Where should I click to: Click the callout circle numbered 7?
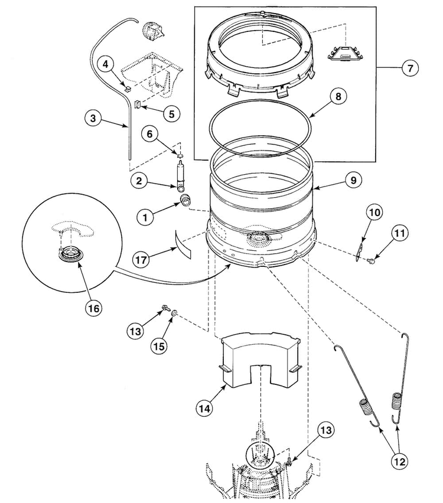pyautogui.click(x=410, y=68)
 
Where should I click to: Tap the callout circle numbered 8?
pyautogui.click(x=338, y=96)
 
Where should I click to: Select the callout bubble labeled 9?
pyautogui.click(x=353, y=180)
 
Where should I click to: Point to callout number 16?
pyautogui.click(x=93, y=308)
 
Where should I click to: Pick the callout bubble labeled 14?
pyautogui.click(x=204, y=408)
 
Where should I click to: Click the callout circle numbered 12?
pyautogui.click(x=399, y=461)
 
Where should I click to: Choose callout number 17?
pyautogui.click(x=141, y=259)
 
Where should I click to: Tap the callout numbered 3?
pyautogui.click(x=93, y=119)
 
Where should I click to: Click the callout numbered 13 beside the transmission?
pyautogui.click(x=326, y=430)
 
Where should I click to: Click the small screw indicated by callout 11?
pyautogui.click(x=372, y=262)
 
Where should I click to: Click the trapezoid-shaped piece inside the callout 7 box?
pyautogui.click(x=345, y=53)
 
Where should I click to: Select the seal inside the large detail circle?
pyautogui.click(x=69, y=256)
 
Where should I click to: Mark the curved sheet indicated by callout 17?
pyautogui.click(x=183, y=244)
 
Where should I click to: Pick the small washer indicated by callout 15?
pyautogui.click(x=174, y=313)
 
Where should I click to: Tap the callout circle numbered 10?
pyautogui.click(x=374, y=213)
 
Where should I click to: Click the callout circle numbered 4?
pyautogui.click(x=106, y=64)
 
